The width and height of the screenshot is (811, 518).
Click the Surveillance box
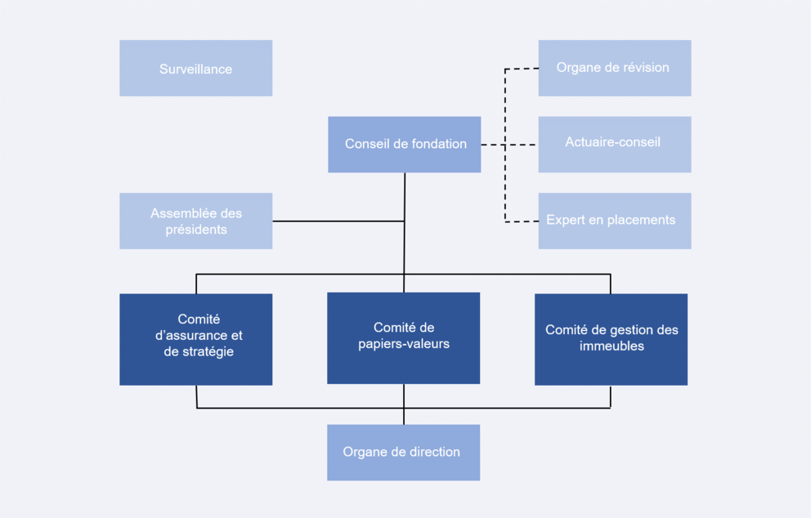195,69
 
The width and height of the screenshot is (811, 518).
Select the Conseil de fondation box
404,144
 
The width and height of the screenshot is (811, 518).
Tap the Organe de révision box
614,68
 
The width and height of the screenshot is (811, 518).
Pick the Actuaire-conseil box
614,144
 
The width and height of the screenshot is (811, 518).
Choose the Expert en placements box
614,221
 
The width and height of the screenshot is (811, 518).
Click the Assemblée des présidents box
195,221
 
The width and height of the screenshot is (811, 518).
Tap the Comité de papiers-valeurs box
403,337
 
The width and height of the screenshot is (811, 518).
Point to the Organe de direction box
403,452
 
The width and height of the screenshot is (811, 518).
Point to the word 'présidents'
196,230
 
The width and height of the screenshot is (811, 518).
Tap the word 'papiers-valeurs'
404,344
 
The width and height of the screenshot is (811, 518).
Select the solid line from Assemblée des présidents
338,221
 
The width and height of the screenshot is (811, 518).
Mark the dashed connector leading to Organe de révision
522,69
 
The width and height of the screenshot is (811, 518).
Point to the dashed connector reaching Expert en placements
522,221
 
